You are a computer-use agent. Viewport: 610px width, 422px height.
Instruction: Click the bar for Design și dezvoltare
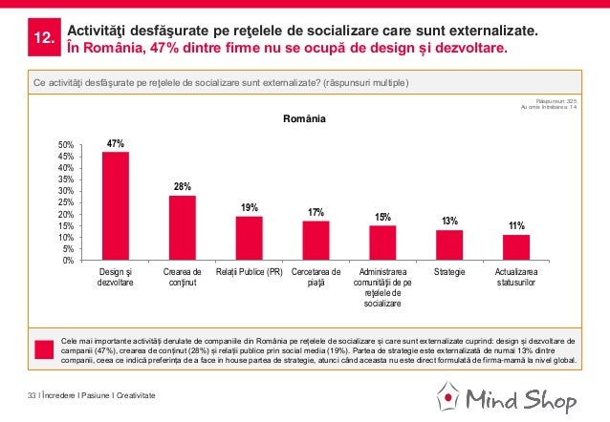pyautogui.click(x=115, y=205)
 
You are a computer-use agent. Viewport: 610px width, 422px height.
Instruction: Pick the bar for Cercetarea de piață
pyautogui.click(x=316, y=240)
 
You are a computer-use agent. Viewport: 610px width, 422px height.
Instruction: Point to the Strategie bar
pyautogui.click(x=449, y=244)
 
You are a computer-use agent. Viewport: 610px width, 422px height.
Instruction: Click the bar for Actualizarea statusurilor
pyautogui.click(x=516, y=247)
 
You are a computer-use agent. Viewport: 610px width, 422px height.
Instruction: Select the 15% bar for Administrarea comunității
pyautogui.click(x=382, y=243)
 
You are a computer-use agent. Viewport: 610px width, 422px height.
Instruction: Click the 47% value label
pyautogui.click(x=116, y=143)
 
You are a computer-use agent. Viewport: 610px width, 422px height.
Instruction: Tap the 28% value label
pyautogui.click(x=182, y=186)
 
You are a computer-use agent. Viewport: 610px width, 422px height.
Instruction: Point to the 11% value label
pyautogui.click(x=516, y=226)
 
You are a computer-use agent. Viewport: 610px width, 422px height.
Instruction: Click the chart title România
pyautogui.click(x=304, y=120)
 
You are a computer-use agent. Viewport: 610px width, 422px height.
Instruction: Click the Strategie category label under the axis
pyautogui.click(x=449, y=272)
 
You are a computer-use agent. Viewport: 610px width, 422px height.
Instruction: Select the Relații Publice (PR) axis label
pyautogui.click(x=249, y=272)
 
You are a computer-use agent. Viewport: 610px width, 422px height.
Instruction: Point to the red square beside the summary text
pyautogui.click(x=43, y=349)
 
